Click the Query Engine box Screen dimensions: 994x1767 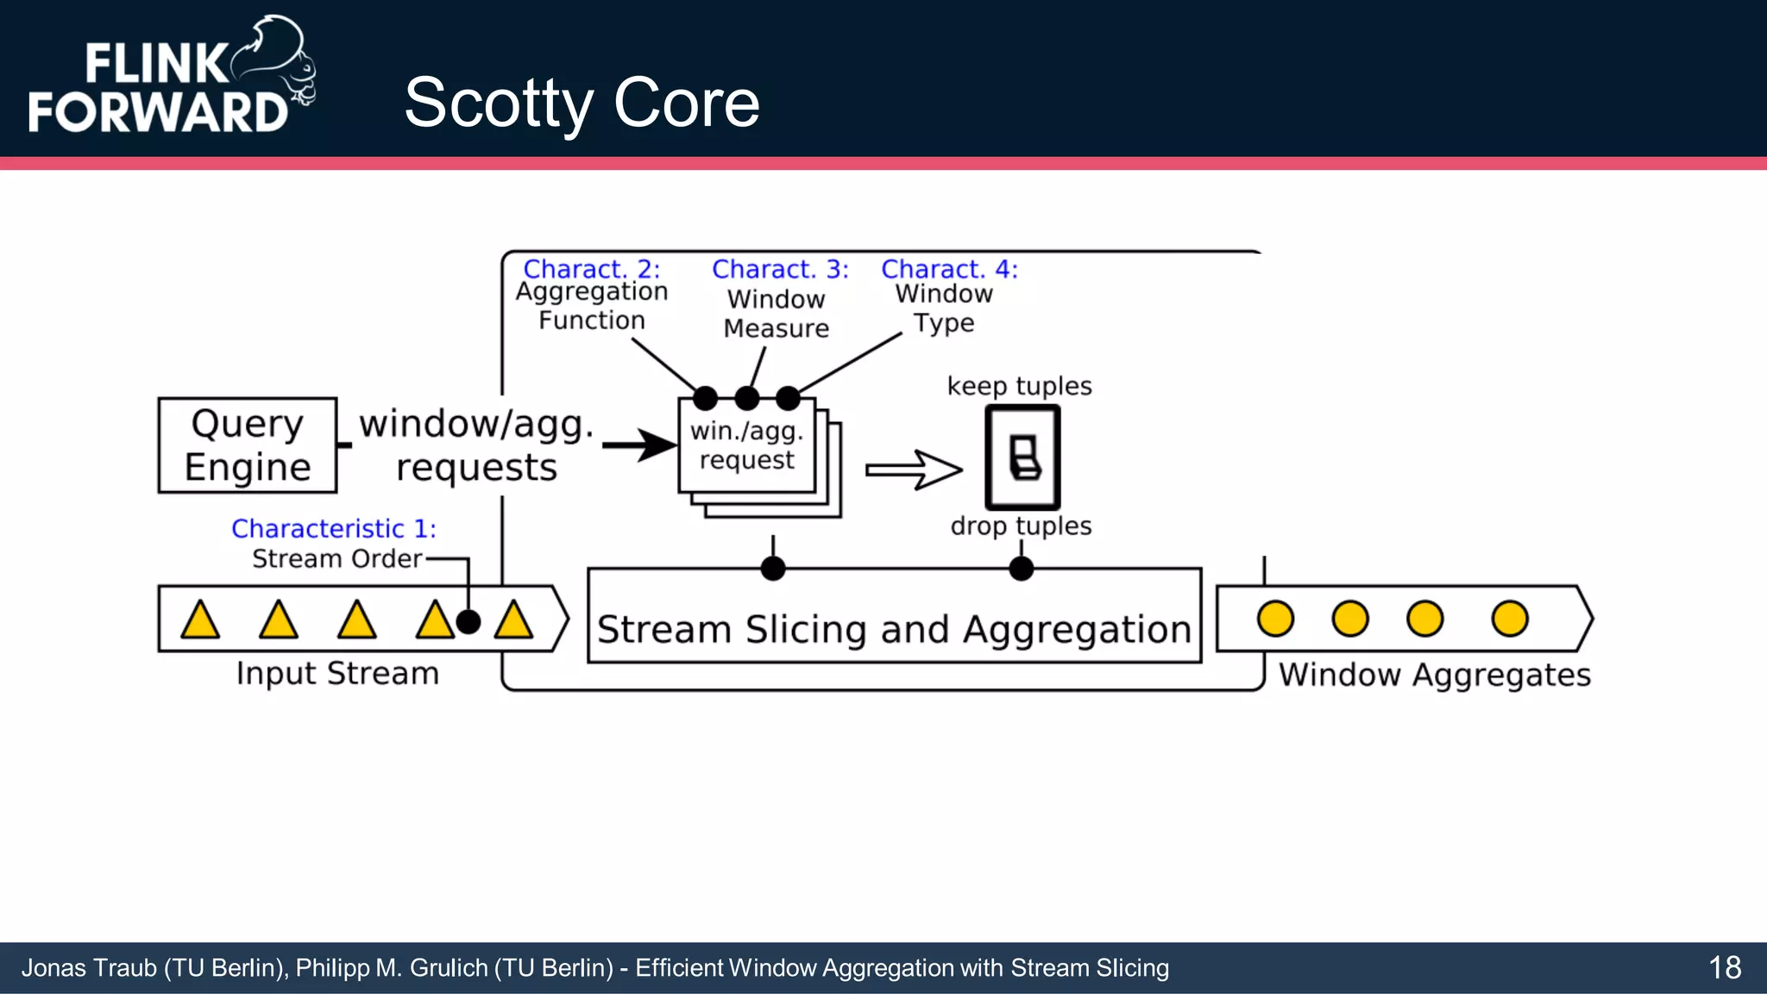point(248,445)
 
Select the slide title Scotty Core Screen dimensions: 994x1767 point(582,103)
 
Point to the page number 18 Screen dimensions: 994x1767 point(1724,968)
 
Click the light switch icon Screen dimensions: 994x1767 point(1022,457)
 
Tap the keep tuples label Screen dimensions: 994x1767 point(1019,386)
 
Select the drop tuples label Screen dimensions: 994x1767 point(1021,525)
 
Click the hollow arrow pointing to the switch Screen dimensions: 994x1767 point(913,470)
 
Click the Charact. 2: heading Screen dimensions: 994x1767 point(591,269)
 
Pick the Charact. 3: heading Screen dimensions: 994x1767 point(780,269)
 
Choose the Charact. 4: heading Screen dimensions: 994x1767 point(949,269)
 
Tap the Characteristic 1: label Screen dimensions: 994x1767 point(334,528)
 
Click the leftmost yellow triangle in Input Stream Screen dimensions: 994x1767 point(200,620)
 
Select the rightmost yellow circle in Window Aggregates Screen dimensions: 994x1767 point(1509,619)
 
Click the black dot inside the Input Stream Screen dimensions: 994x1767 point(468,621)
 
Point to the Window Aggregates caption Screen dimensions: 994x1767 point(1434,675)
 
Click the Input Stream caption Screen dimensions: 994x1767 point(337,673)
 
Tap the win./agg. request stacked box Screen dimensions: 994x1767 point(748,446)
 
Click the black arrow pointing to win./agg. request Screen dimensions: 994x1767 point(640,445)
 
